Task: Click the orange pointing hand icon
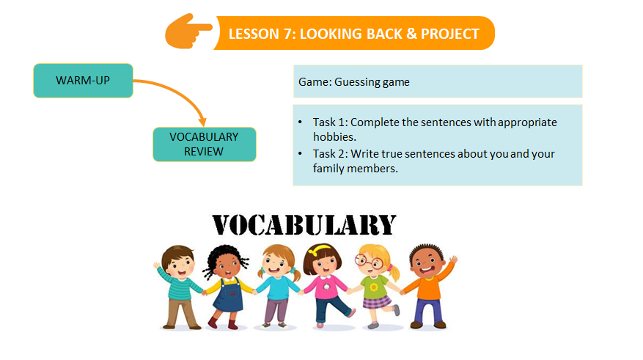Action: (x=188, y=32)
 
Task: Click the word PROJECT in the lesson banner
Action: (x=450, y=34)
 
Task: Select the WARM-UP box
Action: (x=83, y=81)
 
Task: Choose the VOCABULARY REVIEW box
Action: (x=205, y=144)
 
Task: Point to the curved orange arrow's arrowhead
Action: (x=202, y=122)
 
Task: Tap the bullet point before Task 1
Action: (x=300, y=122)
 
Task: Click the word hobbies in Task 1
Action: (x=334, y=136)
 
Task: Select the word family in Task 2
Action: (x=328, y=169)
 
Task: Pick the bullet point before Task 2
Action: (x=300, y=153)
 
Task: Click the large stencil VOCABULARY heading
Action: (x=304, y=225)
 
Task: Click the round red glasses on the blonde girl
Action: (x=369, y=261)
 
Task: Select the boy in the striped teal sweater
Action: (x=179, y=287)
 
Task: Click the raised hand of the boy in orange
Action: (x=452, y=260)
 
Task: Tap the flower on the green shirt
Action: (x=374, y=287)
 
